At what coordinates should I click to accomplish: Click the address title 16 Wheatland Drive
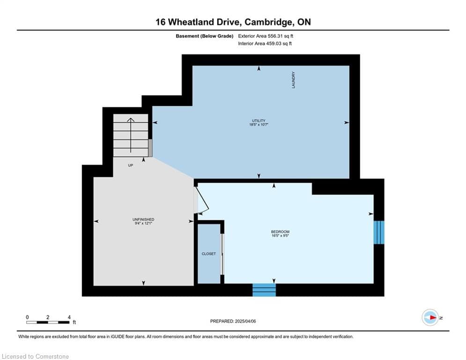[233, 22]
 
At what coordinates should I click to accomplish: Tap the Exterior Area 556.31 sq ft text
[266, 36]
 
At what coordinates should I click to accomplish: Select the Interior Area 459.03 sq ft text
[265, 44]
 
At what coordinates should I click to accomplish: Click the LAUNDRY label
[294, 80]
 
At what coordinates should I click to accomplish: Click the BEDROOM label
[280, 232]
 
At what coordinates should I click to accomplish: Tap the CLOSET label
[209, 254]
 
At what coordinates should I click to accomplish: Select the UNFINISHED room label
[143, 219]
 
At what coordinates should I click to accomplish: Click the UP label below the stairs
[131, 165]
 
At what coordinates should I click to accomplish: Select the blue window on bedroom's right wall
[378, 232]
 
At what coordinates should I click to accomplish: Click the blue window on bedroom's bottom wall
[264, 290]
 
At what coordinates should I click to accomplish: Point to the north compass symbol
[430, 318]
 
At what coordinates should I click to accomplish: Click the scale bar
[48, 322]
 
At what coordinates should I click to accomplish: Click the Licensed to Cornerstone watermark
[35, 357]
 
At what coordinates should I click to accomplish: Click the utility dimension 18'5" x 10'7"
[258, 125]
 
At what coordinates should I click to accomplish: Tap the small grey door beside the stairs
[150, 148]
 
